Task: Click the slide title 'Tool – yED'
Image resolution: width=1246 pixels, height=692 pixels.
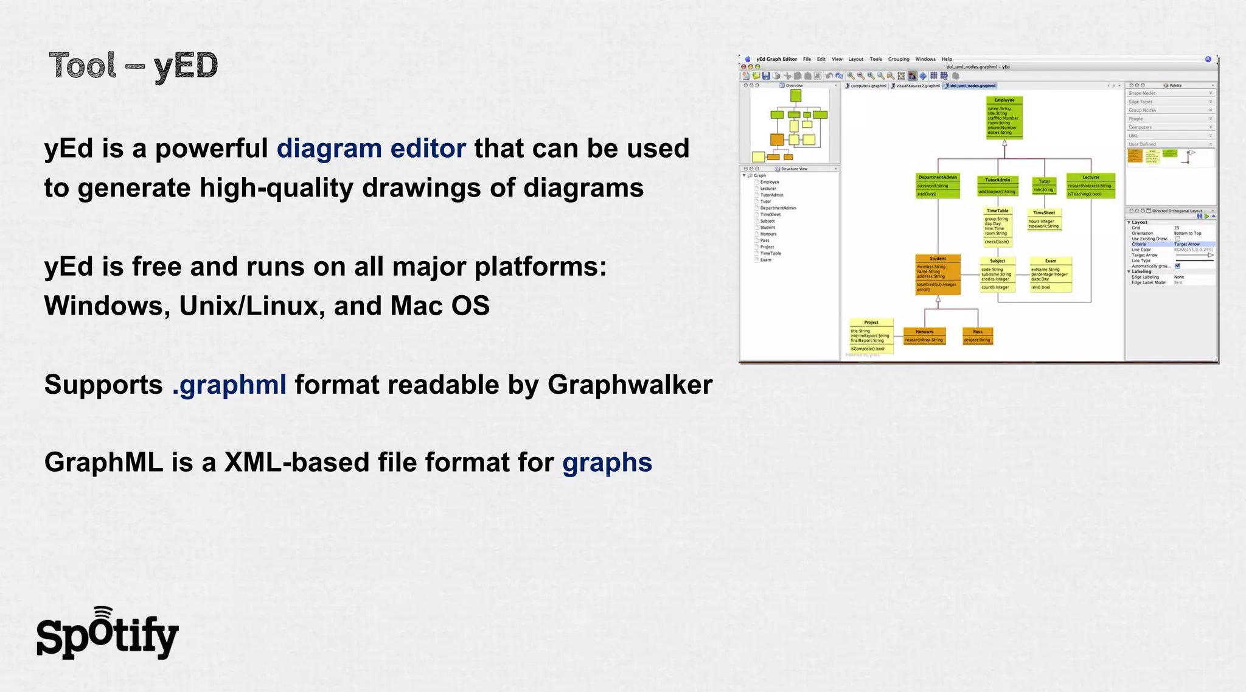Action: point(133,66)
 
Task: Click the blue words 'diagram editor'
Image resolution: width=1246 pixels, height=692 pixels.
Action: point(371,149)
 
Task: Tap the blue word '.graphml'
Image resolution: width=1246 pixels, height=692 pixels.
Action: point(229,385)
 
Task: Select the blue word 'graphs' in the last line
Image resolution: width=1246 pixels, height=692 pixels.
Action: point(607,463)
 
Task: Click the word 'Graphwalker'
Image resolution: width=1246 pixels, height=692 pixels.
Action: point(630,385)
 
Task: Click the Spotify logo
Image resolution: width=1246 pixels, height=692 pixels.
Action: point(107,634)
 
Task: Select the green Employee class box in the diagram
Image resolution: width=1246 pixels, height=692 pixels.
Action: point(1004,117)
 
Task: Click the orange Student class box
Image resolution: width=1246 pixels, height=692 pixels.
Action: point(938,275)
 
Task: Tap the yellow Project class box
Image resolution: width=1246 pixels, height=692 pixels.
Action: point(871,335)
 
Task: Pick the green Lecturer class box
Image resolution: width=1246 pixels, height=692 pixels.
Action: point(1090,186)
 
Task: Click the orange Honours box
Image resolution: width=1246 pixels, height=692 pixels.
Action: point(924,336)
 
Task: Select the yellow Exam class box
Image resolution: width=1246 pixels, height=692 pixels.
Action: point(1050,274)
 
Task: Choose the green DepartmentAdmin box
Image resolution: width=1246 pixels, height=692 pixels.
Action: point(938,186)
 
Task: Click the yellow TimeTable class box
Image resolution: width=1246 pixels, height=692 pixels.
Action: point(997,226)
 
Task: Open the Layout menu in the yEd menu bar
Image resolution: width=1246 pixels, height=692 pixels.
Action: point(855,59)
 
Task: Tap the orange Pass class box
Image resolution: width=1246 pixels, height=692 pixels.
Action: point(977,336)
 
